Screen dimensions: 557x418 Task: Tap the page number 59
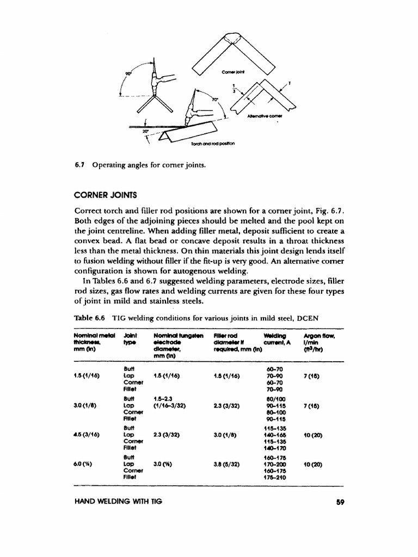pyautogui.click(x=341, y=502)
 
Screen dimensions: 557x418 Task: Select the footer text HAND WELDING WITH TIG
pyautogui.click(x=115, y=502)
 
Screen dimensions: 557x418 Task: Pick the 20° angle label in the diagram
pyautogui.click(x=145, y=132)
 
